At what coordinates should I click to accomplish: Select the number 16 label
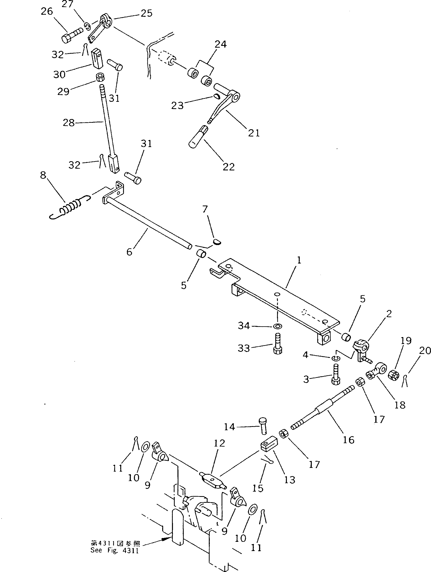click(348, 440)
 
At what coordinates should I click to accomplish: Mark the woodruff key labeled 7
click(217, 242)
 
